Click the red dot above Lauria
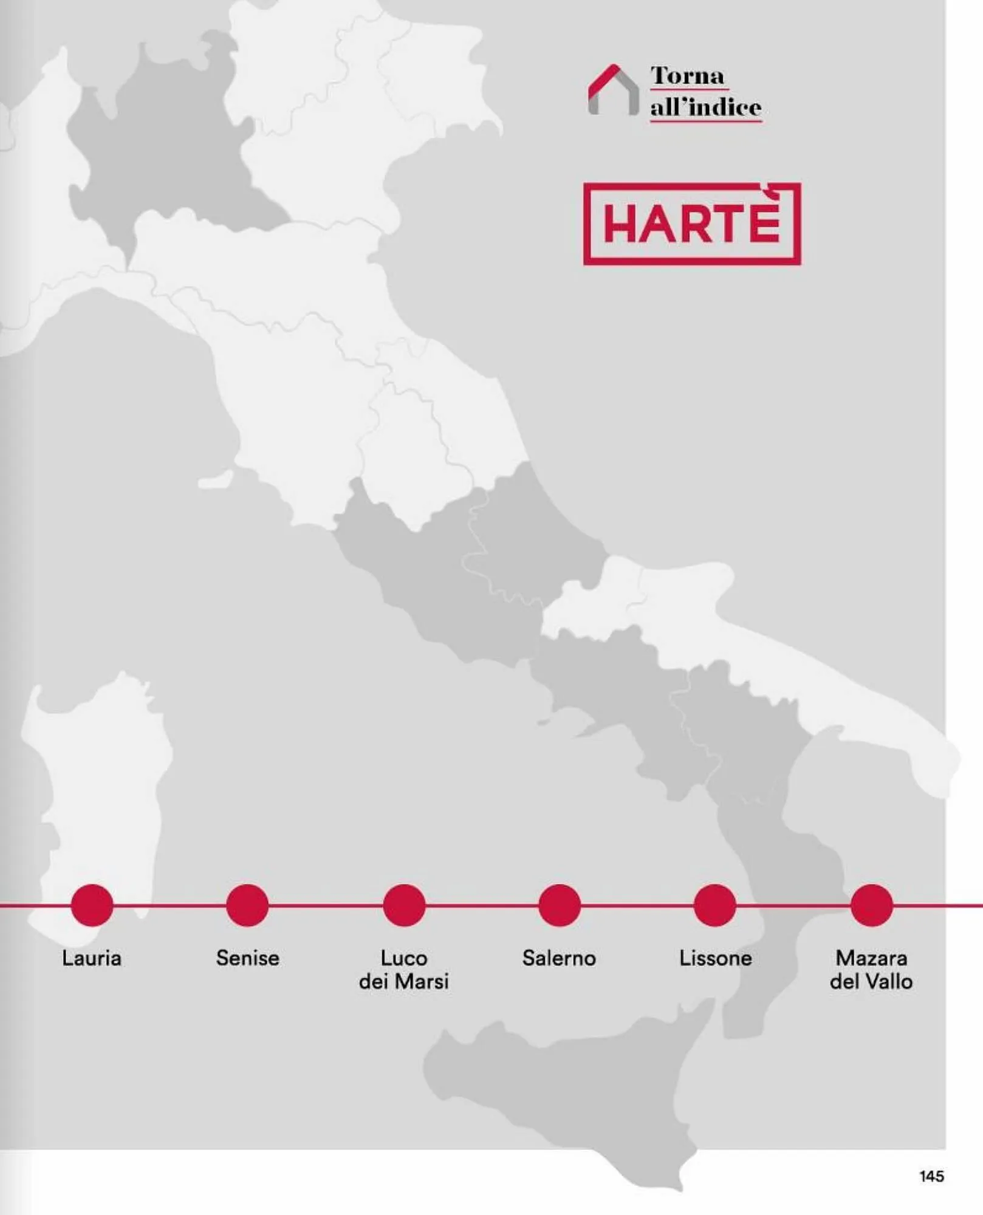92,905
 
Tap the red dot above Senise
247,905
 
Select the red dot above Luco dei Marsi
404,905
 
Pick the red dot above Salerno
560,905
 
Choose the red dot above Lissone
715,905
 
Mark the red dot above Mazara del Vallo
871,905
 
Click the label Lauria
92,958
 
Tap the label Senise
247,958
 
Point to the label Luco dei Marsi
404,969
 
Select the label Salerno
560,958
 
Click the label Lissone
715,958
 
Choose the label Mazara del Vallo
871,969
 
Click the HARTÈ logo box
692,224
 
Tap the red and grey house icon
613,91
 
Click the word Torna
688,76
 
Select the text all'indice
705,108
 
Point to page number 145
931,1176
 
